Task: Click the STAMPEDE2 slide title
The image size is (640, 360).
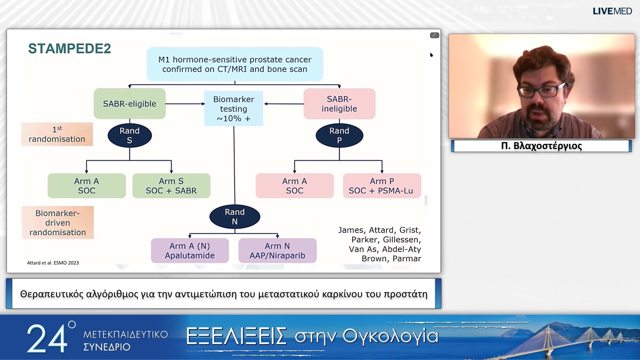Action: [69, 49]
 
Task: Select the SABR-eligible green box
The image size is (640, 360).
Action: [130, 104]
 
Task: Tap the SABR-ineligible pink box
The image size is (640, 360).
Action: [339, 104]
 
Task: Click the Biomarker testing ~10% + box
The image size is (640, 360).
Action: [234, 109]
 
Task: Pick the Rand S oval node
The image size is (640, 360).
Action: [130, 135]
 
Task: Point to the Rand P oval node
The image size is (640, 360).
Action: [339, 135]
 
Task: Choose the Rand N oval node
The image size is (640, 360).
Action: [235, 217]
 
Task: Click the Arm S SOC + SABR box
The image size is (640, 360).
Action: [171, 186]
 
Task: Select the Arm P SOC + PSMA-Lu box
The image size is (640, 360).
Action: [382, 186]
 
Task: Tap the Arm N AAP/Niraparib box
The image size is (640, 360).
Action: [277, 250]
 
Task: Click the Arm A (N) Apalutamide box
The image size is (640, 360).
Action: [190, 250]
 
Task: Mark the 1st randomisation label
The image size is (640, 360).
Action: [57, 134]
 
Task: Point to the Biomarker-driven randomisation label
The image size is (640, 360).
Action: [58, 223]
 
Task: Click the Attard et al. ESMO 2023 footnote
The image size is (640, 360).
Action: [53, 263]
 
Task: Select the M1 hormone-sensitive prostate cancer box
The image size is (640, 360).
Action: [235, 64]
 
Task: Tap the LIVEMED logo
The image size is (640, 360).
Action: [612, 11]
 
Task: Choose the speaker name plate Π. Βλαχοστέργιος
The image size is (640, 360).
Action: [541, 146]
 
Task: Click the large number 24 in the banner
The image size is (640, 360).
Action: [47, 339]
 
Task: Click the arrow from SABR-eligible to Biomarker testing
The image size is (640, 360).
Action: [185, 104]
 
